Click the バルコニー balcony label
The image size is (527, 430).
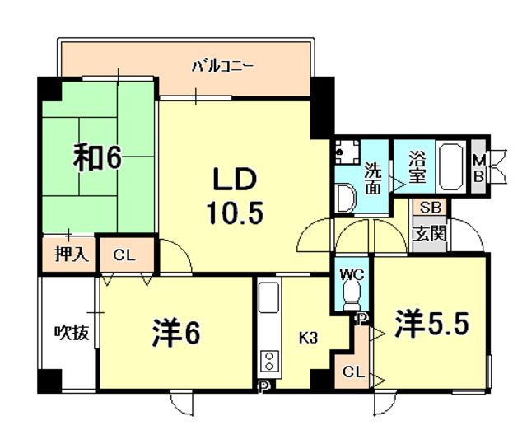[x=222, y=66]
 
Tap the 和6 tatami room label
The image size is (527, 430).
[x=97, y=157]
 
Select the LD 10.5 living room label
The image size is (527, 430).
[x=235, y=196]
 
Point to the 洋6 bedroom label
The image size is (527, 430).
[x=176, y=333]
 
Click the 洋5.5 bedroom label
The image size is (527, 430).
[x=431, y=324]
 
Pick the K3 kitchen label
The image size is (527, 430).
[x=308, y=338]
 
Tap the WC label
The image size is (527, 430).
[x=352, y=275]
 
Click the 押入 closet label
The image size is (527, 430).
[x=72, y=255]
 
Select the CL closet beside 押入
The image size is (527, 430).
[x=124, y=255]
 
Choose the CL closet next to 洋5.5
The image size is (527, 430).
[x=353, y=372]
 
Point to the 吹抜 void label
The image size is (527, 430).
[x=72, y=332]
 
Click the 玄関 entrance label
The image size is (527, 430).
[x=430, y=233]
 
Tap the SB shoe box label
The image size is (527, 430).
[x=430, y=208]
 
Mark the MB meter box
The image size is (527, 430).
[x=478, y=168]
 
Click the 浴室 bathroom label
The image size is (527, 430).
[x=417, y=166]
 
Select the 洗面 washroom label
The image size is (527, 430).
[x=373, y=178]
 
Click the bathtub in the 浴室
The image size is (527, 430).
[x=451, y=166]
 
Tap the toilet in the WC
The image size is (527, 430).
[x=352, y=294]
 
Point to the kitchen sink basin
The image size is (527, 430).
[x=268, y=297]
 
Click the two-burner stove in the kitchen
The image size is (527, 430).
[x=269, y=361]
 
